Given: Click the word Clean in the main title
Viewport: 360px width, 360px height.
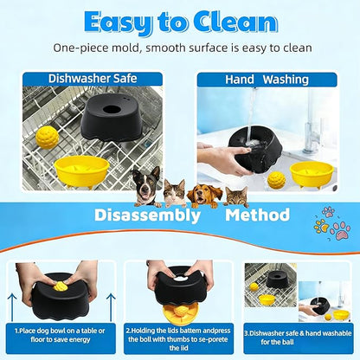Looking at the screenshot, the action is click(x=235, y=22).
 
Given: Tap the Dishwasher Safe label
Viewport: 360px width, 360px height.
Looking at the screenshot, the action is click(x=93, y=79).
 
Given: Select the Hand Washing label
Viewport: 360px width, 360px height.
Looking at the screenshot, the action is click(x=267, y=80).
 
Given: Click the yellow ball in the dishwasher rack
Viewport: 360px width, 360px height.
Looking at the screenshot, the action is click(x=47, y=138).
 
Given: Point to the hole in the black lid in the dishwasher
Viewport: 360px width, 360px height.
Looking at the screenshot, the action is click(x=112, y=110).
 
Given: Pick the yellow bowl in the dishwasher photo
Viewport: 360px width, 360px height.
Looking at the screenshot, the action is click(x=82, y=170).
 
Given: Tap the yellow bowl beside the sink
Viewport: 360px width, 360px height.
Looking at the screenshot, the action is click(x=312, y=175).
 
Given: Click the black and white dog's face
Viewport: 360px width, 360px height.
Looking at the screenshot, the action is click(x=146, y=184).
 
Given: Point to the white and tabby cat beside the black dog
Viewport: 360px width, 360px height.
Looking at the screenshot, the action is click(x=175, y=193).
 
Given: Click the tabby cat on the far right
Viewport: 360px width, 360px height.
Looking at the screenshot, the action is click(x=236, y=196).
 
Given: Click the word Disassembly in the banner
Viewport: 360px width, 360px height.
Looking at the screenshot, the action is click(x=147, y=215).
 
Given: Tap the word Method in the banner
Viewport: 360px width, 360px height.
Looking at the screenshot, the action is click(x=257, y=215).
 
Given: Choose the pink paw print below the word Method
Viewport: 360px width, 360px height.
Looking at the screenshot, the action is click(x=340, y=230).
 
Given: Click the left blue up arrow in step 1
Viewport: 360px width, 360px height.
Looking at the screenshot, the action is click(x=12, y=307).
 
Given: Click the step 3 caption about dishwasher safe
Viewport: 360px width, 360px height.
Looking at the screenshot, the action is click(x=298, y=337).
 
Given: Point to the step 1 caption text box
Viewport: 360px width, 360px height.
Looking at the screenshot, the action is click(x=61, y=338).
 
